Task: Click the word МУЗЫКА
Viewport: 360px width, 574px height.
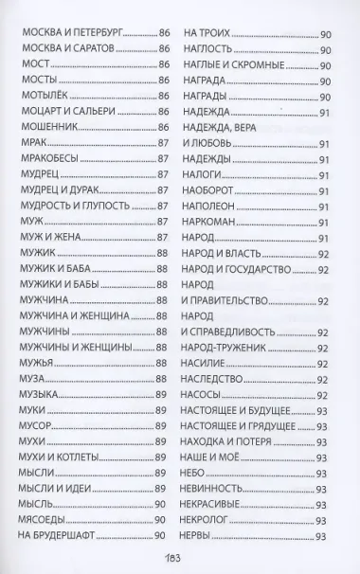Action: [39, 393]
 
